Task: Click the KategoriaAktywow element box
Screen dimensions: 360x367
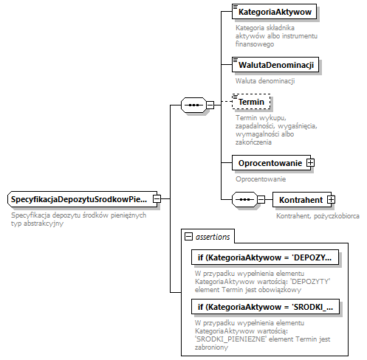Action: coord(274,13)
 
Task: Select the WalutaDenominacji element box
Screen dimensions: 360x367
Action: coord(275,65)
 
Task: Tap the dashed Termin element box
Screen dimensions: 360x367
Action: coord(251,102)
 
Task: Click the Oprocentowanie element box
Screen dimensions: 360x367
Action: coord(269,162)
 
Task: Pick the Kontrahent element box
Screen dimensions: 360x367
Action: coord(300,199)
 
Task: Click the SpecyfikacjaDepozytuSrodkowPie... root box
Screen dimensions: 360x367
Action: coord(79,199)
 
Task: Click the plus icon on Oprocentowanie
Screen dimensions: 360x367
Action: coord(311,162)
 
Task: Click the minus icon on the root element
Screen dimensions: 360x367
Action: coord(157,199)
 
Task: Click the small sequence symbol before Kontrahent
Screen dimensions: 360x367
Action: coord(243,199)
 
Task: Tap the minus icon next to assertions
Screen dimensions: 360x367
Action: coord(189,237)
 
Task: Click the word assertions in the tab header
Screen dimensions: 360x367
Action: coord(213,237)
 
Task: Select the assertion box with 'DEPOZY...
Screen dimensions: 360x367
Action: coord(265,257)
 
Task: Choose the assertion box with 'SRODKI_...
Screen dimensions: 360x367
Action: coord(265,307)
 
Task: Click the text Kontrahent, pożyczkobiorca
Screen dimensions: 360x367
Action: coord(318,216)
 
